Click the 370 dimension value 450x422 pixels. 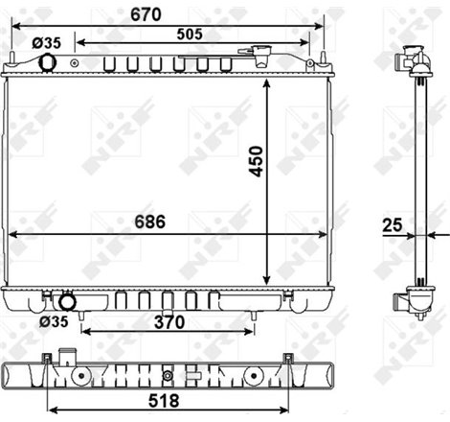[x=169, y=323]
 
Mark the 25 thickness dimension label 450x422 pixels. [x=391, y=228]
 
